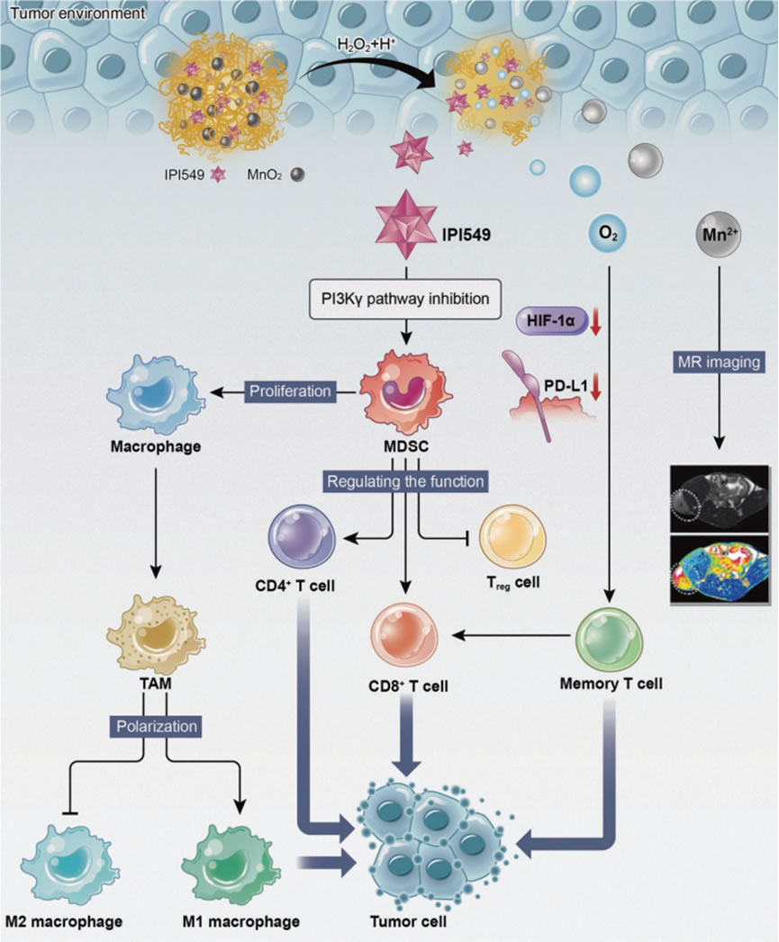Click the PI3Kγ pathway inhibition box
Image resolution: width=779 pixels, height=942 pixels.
click(x=405, y=298)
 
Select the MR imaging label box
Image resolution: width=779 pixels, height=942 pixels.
click(x=719, y=362)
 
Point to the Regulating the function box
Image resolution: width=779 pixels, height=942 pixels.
click(x=405, y=481)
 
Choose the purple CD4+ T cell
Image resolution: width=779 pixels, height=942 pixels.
click(x=302, y=539)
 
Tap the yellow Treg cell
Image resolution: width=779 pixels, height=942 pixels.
click(x=510, y=539)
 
